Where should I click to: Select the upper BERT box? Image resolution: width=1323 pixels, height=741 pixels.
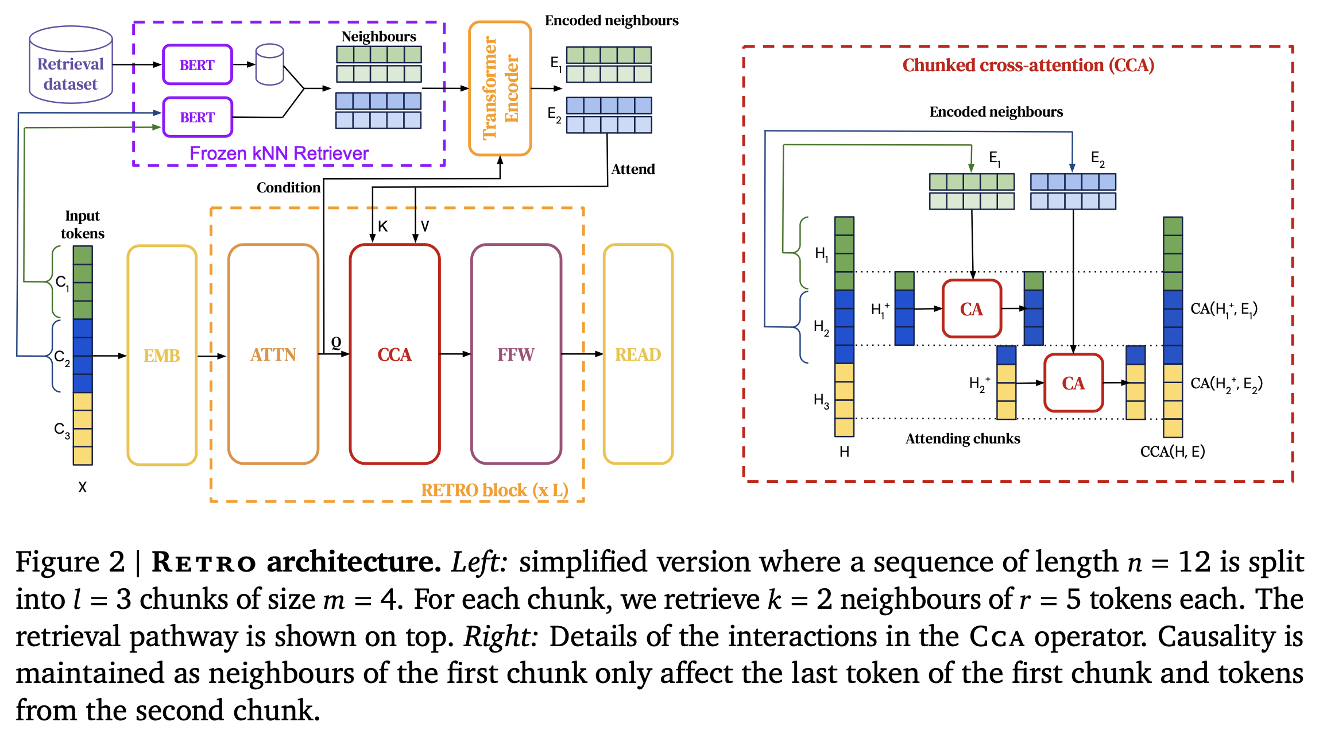click(x=198, y=65)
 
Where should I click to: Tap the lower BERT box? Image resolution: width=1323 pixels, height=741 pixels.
click(x=198, y=117)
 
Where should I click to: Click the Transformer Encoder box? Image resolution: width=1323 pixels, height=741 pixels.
click(x=500, y=88)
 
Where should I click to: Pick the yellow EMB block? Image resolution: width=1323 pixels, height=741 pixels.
click(x=162, y=355)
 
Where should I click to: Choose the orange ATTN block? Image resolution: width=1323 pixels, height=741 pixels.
click(x=273, y=354)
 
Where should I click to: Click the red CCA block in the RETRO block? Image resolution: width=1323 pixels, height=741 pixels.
click(x=394, y=354)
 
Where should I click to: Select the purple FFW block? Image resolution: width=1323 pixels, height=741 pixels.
click(x=516, y=354)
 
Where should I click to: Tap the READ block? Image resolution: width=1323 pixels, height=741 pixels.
click(x=638, y=354)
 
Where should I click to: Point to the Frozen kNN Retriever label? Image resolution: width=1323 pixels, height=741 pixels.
click(x=279, y=153)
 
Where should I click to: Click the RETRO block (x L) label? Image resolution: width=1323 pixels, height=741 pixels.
click(x=494, y=490)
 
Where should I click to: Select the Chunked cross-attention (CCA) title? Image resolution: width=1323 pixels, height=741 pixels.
click(x=1028, y=65)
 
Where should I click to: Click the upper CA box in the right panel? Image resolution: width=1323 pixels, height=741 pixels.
click(x=972, y=309)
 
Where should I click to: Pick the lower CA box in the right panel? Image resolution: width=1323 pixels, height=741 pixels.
click(x=1073, y=383)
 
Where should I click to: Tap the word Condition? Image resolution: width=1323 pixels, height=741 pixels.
click(x=288, y=188)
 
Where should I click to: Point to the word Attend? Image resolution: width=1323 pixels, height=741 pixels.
click(x=633, y=169)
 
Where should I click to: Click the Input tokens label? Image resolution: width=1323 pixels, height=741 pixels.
click(x=83, y=225)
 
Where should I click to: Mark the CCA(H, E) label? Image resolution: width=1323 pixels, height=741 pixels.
click(x=1172, y=452)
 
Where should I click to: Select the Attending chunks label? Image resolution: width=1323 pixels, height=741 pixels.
click(x=962, y=439)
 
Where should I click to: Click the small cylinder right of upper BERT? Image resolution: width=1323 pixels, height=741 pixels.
click(x=269, y=64)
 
